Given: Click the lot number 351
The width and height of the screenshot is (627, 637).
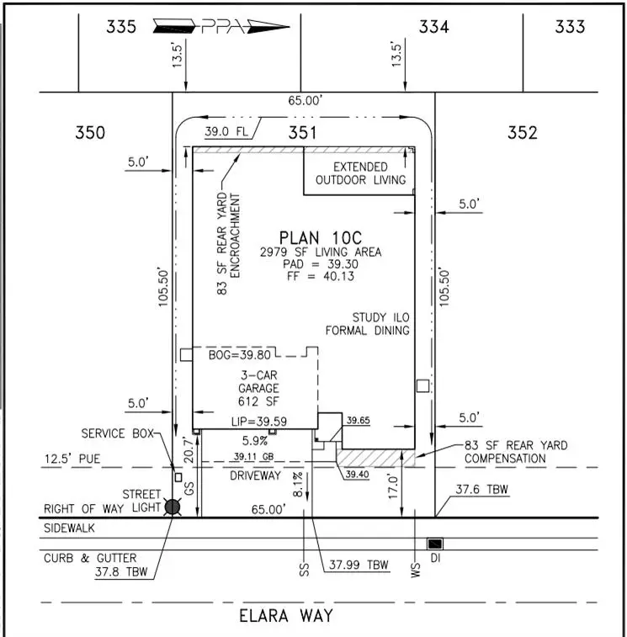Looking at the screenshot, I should (x=302, y=132).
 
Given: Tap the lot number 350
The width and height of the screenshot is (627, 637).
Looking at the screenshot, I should (x=90, y=132).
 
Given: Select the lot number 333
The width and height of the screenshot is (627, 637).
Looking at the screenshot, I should (x=570, y=27).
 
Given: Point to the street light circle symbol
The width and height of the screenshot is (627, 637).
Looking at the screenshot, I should (x=173, y=507).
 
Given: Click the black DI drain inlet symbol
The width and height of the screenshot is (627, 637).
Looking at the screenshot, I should (x=435, y=544).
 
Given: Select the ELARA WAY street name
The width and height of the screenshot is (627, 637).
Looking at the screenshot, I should (x=287, y=615).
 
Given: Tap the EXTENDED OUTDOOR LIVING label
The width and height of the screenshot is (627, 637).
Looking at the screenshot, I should (x=360, y=173).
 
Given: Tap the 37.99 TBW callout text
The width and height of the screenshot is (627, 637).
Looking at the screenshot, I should (x=359, y=565).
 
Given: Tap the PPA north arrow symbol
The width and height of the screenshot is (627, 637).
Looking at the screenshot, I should (x=221, y=26).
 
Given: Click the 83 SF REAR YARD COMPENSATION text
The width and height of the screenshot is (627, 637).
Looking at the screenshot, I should (x=516, y=452).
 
